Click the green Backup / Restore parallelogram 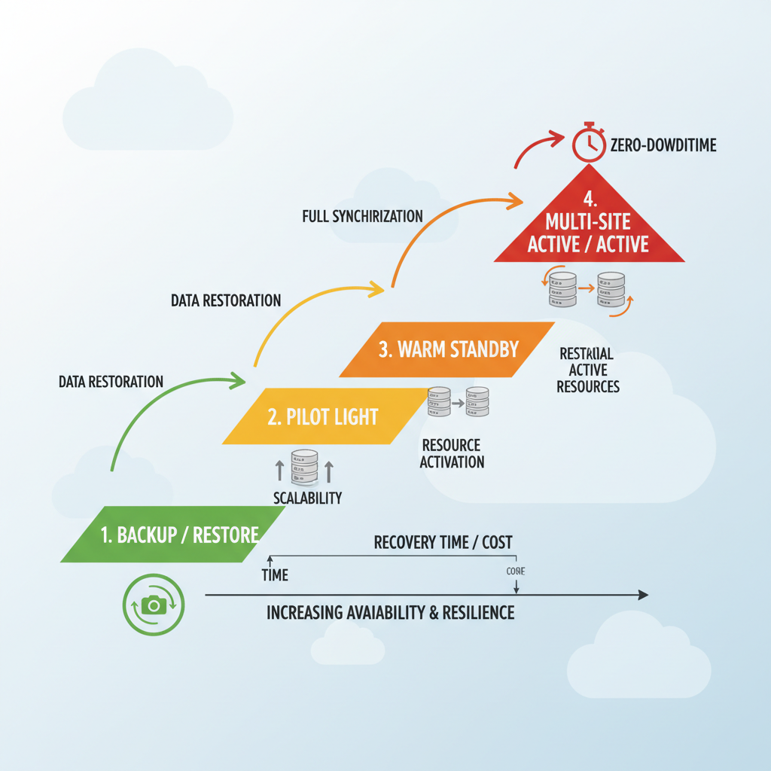pyautogui.click(x=173, y=535)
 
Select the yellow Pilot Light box pyautogui.click(x=324, y=416)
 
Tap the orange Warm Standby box pyautogui.click(x=447, y=349)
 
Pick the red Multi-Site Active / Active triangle pyautogui.click(x=589, y=226)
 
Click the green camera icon pyautogui.click(x=154, y=605)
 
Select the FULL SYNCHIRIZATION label pyautogui.click(x=362, y=216)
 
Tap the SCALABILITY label pyautogui.click(x=306, y=498)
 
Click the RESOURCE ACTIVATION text pyautogui.click(x=452, y=453)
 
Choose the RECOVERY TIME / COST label pyautogui.click(x=443, y=543)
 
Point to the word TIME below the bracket pyautogui.click(x=275, y=575)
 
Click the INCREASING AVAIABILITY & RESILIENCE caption pyautogui.click(x=390, y=612)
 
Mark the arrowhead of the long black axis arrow pyautogui.click(x=642, y=595)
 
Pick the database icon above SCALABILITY pyautogui.click(x=304, y=468)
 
